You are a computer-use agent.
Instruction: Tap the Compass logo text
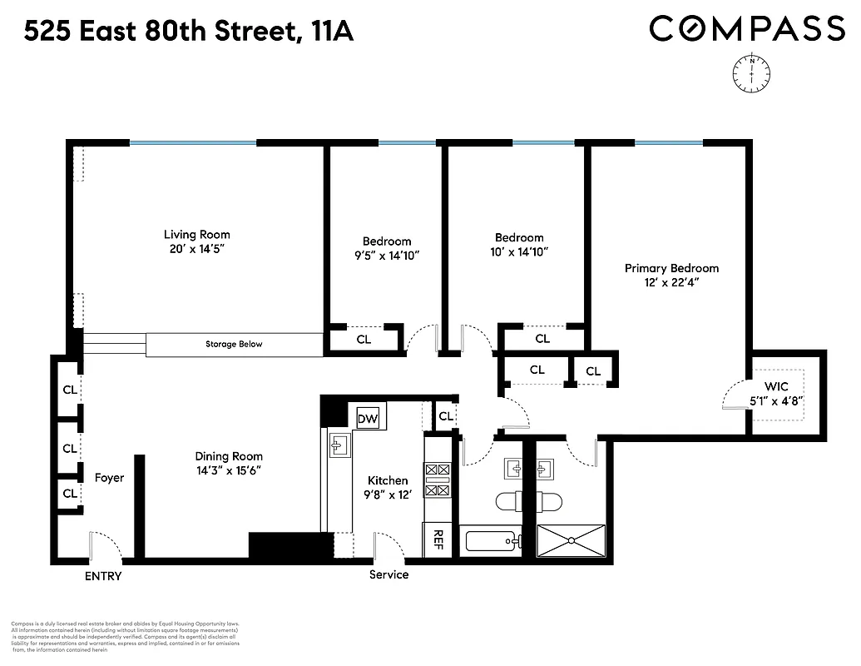click(746, 28)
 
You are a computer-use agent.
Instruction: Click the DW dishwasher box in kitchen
click(367, 419)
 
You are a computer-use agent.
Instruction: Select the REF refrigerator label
click(438, 540)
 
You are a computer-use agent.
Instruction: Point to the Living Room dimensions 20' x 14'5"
click(196, 249)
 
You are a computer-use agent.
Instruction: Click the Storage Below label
click(234, 344)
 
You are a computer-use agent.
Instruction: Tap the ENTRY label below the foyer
click(102, 576)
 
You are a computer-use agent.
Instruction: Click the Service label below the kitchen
click(388, 574)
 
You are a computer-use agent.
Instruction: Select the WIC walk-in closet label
click(776, 387)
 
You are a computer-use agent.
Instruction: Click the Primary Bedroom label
click(671, 268)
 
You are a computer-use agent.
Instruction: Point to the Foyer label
click(109, 478)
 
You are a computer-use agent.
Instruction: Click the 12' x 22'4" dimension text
click(671, 283)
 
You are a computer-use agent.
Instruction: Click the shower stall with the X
click(571, 541)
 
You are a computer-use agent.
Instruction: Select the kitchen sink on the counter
click(339, 445)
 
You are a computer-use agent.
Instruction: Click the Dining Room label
click(229, 456)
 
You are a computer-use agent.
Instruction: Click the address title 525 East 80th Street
click(189, 32)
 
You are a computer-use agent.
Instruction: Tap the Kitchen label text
click(388, 480)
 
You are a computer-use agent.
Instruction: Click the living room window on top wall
click(192, 143)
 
